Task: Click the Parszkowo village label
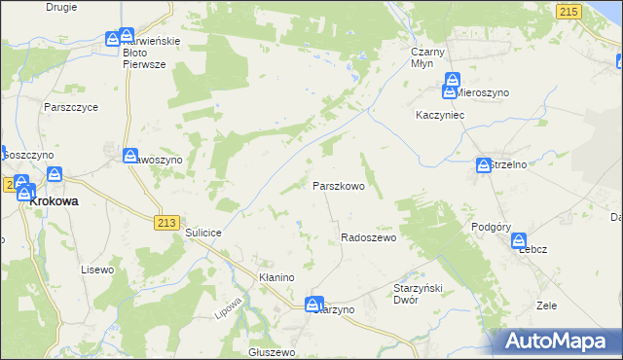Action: click(x=338, y=185)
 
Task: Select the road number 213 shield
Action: click(x=165, y=223)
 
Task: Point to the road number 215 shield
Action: click(x=569, y=10)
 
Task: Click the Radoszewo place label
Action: click(x=367, y=237)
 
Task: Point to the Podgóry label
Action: click(x=491, y=226)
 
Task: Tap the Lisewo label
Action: click(x=98, y=270)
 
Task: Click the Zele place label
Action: click(x=546, y=305)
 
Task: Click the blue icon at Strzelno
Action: click(x=483, y=166)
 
